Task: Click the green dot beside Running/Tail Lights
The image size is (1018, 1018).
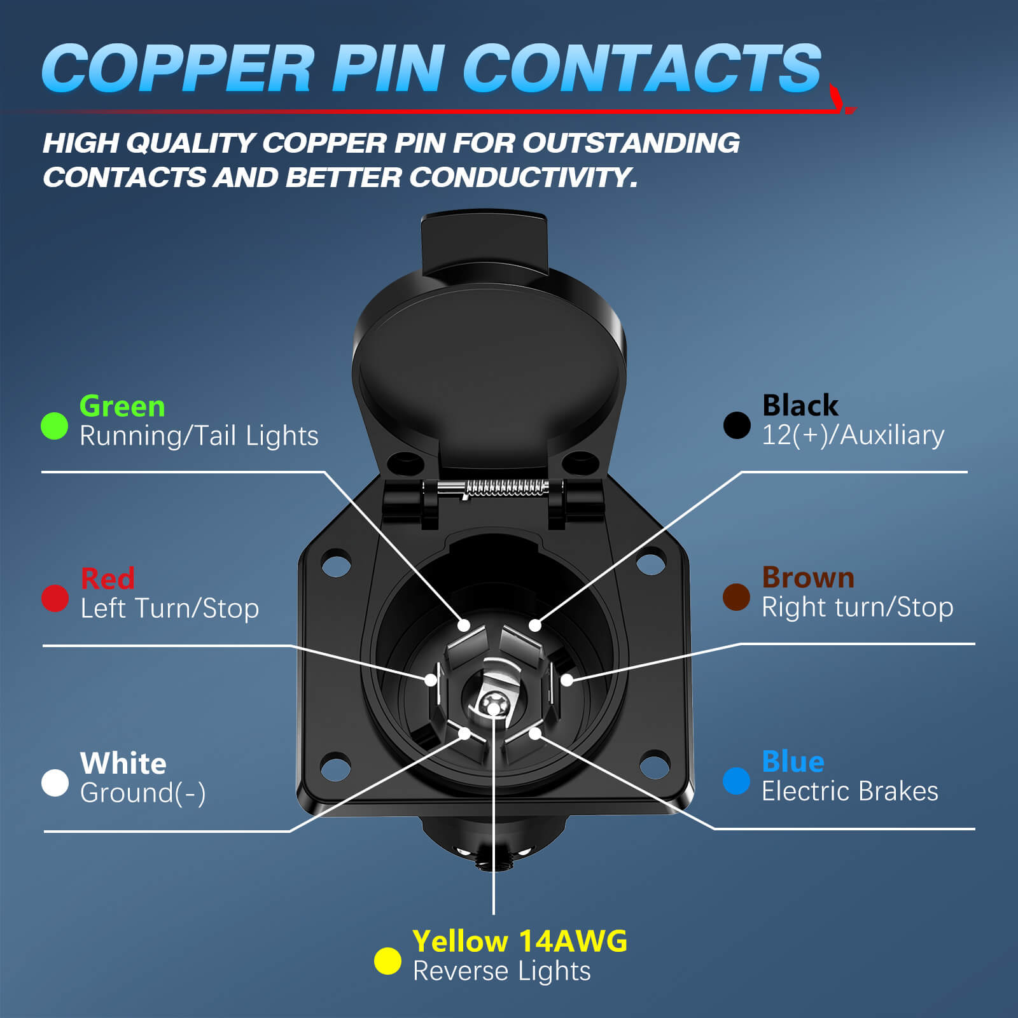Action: [54, 426]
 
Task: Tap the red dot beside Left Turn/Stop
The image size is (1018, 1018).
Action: [55, 598]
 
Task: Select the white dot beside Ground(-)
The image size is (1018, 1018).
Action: [55, 783]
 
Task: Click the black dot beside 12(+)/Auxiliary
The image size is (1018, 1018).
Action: [737, 425]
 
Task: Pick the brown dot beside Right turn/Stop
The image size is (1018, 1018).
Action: [736, 597]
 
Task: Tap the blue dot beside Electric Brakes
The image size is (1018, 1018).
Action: [736, 781]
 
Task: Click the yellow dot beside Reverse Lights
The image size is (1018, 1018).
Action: [387, 961]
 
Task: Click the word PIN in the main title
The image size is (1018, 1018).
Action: [387, 69]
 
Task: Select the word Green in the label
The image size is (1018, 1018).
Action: [122, 406]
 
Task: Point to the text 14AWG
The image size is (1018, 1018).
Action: [573, 941]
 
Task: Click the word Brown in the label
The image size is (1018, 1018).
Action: [808, 577]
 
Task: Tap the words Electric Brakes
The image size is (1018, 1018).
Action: [850, 791]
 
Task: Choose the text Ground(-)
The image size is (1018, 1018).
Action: [143, 793]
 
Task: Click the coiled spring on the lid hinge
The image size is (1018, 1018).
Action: [507, 488]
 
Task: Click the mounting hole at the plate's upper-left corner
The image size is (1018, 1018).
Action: [337, 563]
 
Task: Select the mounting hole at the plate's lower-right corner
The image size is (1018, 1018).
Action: [655, 763]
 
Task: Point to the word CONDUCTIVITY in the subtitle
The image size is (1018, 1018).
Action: [522, 178]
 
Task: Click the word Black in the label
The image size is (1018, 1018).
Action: [800, 405]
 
